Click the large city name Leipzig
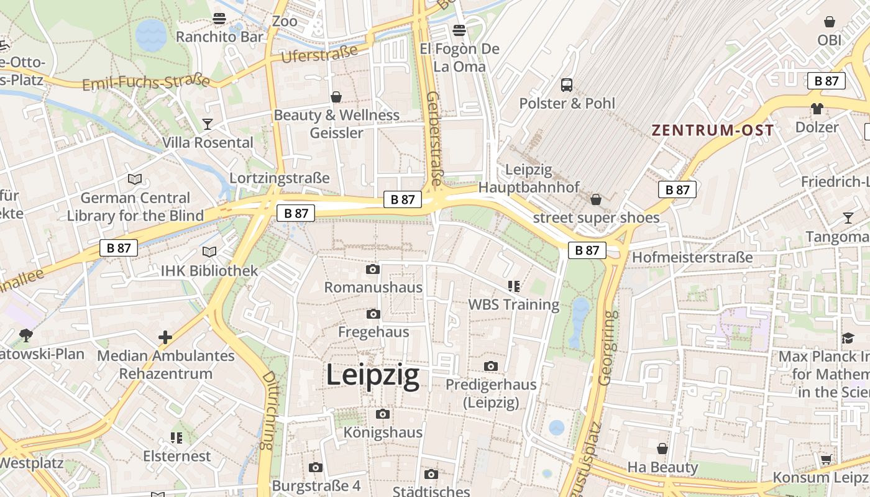[372, 376]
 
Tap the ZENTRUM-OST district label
[712, 130]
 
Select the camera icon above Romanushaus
[373, 269]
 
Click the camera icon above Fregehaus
[373, 314]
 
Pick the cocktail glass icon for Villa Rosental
[208, 124]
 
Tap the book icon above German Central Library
[135, 180]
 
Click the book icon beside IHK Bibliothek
[209, 252]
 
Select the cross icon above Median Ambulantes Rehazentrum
[165, 337]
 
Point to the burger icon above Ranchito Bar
[219, 19]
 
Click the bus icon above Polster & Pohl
[567, 84]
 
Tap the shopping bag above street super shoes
[596, 199]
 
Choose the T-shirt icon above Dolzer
[817, 109]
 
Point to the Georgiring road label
[608, 348]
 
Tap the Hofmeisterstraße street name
[692, 257]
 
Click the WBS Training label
[513, 304]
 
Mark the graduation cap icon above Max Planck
[848, 338]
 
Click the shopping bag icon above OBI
[829, 22]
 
